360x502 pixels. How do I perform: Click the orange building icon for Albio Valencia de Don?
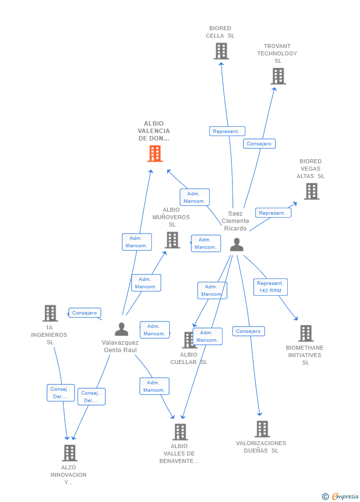[x=155, y=154]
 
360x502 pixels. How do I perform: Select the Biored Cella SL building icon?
[x=221, y=51]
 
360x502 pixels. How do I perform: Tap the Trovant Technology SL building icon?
[x=278, y=76]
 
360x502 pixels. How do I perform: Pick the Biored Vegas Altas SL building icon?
[x=311, y=191]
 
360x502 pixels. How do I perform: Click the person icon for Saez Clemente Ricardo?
[x=237, y=245]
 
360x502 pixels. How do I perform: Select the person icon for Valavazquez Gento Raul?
[x=122, y=329]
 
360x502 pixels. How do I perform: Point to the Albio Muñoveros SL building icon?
[x=172, y=240]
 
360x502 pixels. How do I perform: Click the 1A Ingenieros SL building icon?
[x=50, y=313]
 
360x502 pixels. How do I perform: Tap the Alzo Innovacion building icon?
[x=69, y=453]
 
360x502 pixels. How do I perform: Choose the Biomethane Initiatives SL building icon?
[x=306, y=333]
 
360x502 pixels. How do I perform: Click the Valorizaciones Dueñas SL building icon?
[x=262, y=429]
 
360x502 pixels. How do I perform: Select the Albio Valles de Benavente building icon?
[x=180, y=432]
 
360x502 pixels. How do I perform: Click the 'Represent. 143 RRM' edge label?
[x=270, y=287]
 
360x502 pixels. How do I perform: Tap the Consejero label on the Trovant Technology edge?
[x=259, y=144]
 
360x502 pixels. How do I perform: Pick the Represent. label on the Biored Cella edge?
[x=227, y=132]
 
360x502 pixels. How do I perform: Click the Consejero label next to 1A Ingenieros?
[x=85, y=313]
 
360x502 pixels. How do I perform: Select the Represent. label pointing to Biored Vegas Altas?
[x=272, y=213]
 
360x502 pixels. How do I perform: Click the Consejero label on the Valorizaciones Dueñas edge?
[x=248, y=331]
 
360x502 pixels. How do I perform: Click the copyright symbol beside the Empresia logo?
[x=325, y=496]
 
